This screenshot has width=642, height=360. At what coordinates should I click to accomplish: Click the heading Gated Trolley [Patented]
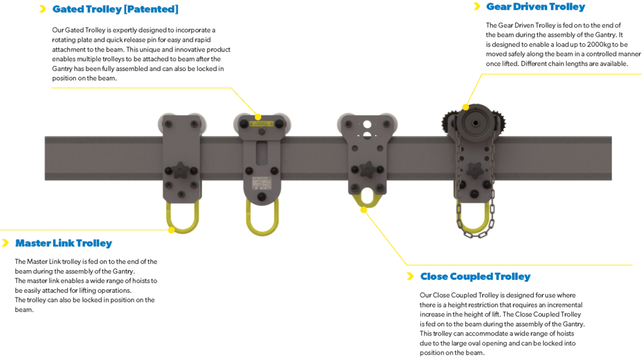click(x=115, y=9)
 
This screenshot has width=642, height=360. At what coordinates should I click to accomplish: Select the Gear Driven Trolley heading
click(x=535, y=7)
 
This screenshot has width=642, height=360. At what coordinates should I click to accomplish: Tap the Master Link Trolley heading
click(x=63, y=243)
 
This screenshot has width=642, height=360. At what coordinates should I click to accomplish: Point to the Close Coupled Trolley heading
click(x=475, y=277)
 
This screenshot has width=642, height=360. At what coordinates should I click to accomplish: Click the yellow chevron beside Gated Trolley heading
click(x=43, y=9)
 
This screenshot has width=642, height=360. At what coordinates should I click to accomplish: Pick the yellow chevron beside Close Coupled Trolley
click(x=410, y=277)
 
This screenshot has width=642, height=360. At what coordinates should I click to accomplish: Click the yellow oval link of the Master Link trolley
click(x=182, y=218)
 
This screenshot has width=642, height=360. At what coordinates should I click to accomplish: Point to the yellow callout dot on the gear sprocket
click(x=465, y=107)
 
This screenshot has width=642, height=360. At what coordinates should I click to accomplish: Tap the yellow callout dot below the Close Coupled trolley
click(x=363, y=210)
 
